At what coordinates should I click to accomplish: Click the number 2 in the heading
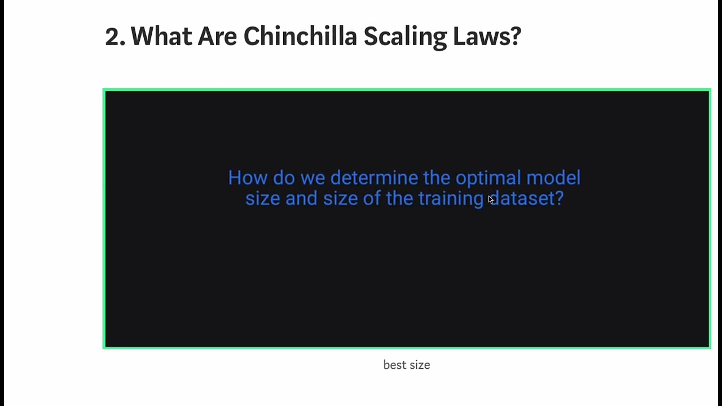pos(112,37)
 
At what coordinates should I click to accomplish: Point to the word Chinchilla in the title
pos(300,37)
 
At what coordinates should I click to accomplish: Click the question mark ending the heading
pos(515,37)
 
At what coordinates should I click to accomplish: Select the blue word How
pos(248,178)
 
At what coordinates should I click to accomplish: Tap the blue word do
pos(284,178)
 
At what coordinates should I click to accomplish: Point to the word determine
pos(374,178)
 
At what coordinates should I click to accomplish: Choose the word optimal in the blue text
pos(488,179)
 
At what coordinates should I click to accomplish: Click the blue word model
pos(553,178)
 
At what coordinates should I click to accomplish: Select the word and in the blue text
pos(301,198)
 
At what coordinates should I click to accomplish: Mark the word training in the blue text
pos(451,199)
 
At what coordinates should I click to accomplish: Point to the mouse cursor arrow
pos(491,200)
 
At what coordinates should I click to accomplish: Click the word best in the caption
pos(394,365)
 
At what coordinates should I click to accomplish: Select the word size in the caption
pos(419,365)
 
